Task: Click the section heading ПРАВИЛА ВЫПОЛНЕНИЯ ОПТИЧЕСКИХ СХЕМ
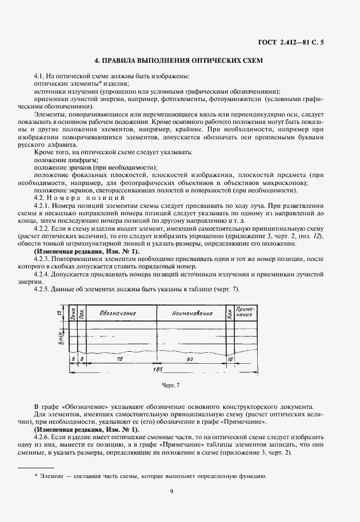pyautogui.click(x=178, y=61)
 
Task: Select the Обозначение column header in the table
pyautogui.click(x=117, y=314)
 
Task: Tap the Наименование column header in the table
pyautogui.click(x=191, y=314)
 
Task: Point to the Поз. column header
pyautogui.click(x=81, y=314)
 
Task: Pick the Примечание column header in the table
pyautogui.click(x=245, y=314)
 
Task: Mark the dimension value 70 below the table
pyautogui.click(x=119, y=359)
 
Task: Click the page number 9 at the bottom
pyautogui.click(x=171, y=490)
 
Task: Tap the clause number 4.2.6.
pyautogui.click(x=43, y=435)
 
